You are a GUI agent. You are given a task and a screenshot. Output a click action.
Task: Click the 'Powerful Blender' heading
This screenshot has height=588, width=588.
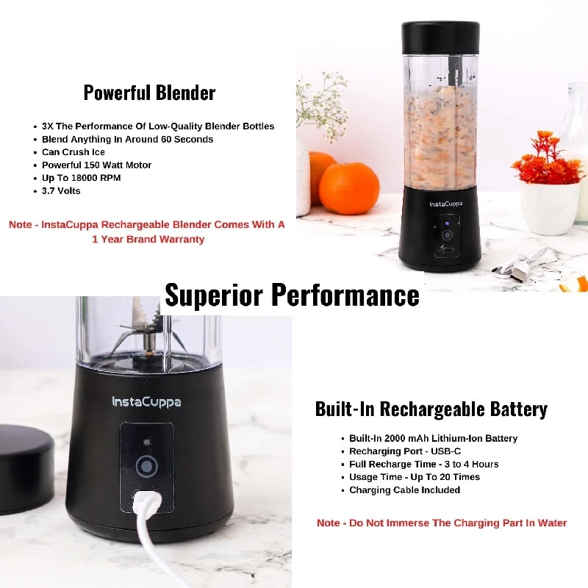click(x=149, y=93)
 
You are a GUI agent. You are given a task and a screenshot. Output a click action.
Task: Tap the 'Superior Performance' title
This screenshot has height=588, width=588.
click(x=292, y=295)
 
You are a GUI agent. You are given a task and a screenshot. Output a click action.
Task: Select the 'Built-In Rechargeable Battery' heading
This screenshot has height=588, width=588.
click(x=431, y=409)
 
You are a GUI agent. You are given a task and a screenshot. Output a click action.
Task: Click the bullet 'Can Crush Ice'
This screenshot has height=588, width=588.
click(x=73, y=152)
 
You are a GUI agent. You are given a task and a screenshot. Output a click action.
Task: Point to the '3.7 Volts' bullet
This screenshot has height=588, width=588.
click(x=62, y=191)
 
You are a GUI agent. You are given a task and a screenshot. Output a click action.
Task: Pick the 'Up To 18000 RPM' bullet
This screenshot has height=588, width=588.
click(x=82, y=178)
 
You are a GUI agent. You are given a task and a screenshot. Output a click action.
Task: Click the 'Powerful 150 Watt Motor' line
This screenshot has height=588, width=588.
click(x=97, y=165)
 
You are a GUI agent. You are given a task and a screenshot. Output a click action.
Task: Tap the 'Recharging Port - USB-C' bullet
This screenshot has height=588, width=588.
click(x=405, y=451)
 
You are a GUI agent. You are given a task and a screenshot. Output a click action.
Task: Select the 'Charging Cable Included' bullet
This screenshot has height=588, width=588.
click(x=405, y=490)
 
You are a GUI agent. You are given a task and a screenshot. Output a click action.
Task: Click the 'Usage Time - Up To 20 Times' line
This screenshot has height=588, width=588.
click(x=415, y=477)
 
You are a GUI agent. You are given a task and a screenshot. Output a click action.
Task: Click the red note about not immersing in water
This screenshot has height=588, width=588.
click(x=442, y=523)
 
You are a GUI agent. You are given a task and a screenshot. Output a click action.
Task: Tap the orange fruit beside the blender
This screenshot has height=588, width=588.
click(x=348, y=187)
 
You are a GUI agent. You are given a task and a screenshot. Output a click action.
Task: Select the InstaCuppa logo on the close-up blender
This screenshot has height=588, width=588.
click(x=146, y=401)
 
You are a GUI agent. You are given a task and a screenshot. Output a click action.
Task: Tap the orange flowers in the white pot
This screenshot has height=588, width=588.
click(x=548, y=161)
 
